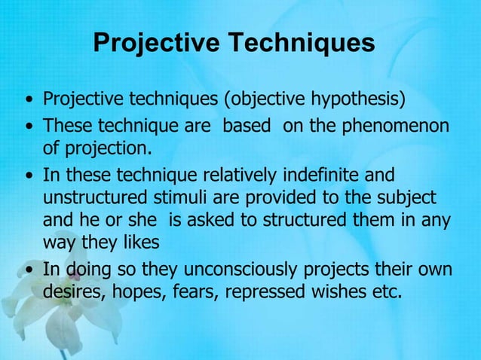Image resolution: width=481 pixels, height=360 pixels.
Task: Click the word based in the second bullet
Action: [246, 124]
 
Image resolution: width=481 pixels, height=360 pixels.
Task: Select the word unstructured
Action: [93, 198]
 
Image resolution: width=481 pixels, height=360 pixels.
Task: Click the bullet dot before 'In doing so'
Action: [29, 270]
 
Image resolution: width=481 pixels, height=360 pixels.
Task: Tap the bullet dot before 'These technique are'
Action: [29, 125]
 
